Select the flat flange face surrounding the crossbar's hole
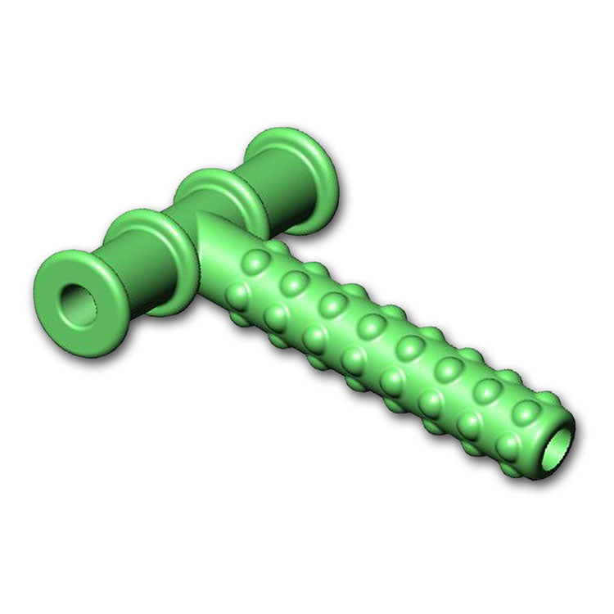pyautogui.click(x=57, y=282)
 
